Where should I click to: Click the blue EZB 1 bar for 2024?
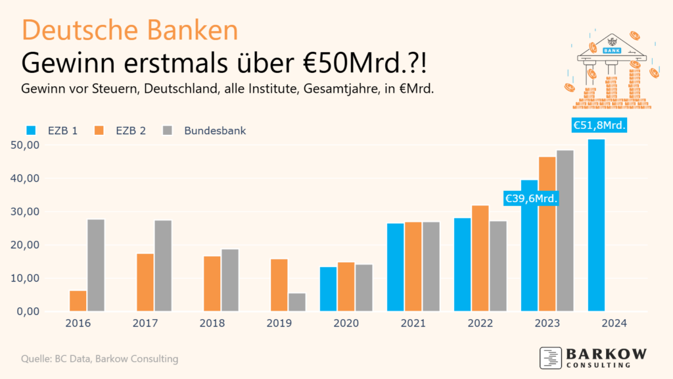(596, 225)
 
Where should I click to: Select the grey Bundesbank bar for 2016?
(96, 265)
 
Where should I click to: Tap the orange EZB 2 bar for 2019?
(279, 285)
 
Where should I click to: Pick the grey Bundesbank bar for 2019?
(297, 302)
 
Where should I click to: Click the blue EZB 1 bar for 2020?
(329, 289)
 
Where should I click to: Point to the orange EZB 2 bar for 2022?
(480, 259)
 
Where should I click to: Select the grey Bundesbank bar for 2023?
(565, 231)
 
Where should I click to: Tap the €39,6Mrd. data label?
(531, 198)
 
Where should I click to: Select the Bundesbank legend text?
(215, 130)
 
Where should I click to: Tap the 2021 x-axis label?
(413, 324)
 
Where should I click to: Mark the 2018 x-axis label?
(212, 324)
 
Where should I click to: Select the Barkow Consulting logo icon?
(550, 357)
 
